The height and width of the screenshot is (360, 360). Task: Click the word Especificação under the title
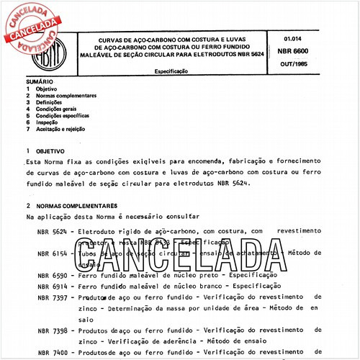point(172,72)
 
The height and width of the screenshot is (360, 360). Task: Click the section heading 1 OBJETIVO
point(45,151)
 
